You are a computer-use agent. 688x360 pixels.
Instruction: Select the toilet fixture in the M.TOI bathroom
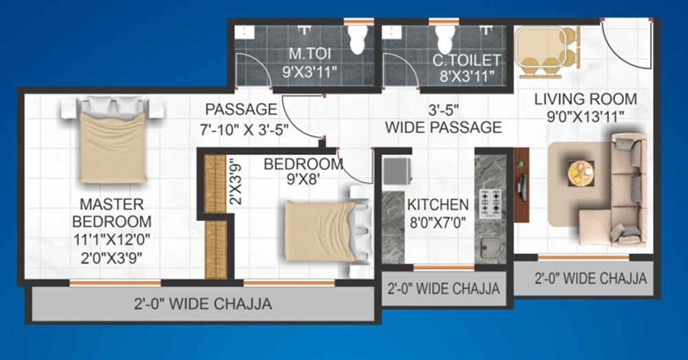357,41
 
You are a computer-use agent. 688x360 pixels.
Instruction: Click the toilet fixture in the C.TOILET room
444,39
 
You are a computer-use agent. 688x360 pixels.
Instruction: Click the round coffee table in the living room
581,173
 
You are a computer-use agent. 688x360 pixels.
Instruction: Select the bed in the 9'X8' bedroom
323,231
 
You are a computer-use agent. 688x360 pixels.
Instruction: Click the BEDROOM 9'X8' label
303,171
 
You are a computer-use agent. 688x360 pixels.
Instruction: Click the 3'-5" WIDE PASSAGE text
443,118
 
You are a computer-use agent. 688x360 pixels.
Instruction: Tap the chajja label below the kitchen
443,288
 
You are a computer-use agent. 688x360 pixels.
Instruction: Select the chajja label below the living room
590,279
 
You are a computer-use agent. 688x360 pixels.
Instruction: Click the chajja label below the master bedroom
202,304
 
